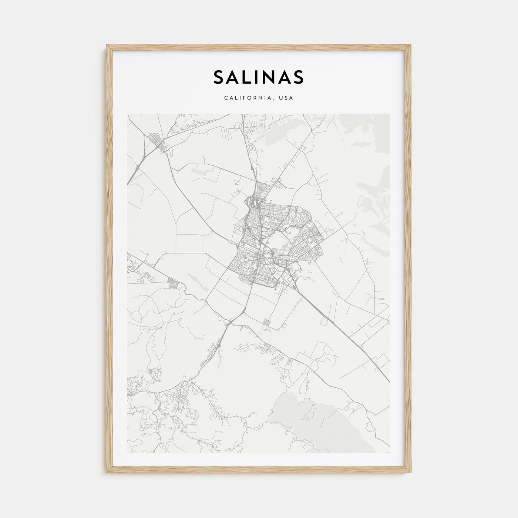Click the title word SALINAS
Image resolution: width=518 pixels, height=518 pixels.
click(x=258, y=77)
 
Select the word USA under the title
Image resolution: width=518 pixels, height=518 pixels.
click(x=286, y=98)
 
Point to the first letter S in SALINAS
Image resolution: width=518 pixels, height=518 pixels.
click(x=218, y=77)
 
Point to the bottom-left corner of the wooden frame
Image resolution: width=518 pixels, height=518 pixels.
click(x=107, y=474)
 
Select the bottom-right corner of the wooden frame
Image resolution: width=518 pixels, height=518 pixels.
click(x=411, y=474)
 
